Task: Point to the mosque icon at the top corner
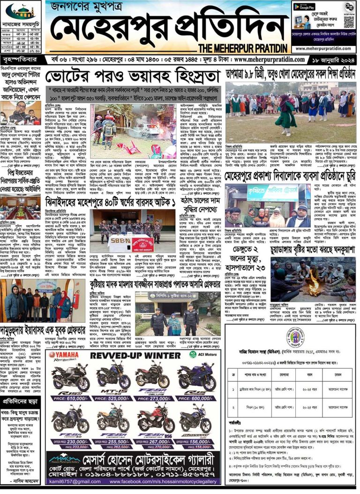22,11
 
